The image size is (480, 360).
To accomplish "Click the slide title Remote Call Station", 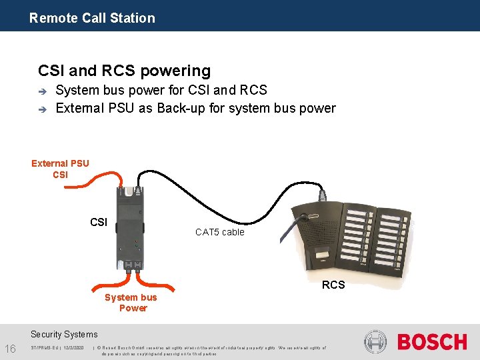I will pyautogui.click(x=92, y=18).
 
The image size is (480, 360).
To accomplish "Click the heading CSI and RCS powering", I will pyautogui.click(x=125, y=71).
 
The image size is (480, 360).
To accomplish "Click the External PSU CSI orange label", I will pyautogui.click(x=60, y=169).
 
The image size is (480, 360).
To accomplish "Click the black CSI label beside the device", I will pyautogui.click(x=99, y=222).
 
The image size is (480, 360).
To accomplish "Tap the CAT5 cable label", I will pyautogui.click(x=219, y=232).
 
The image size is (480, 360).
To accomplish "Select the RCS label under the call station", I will pyautogui.click(x=333, y=285).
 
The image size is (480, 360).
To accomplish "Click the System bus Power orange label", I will pyautogui.click(x=131, y=303).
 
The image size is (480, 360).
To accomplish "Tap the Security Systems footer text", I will pyautogui.click(x=64, y=335).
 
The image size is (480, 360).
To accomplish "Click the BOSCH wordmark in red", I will pyautogui.click(x=432, y=343).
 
